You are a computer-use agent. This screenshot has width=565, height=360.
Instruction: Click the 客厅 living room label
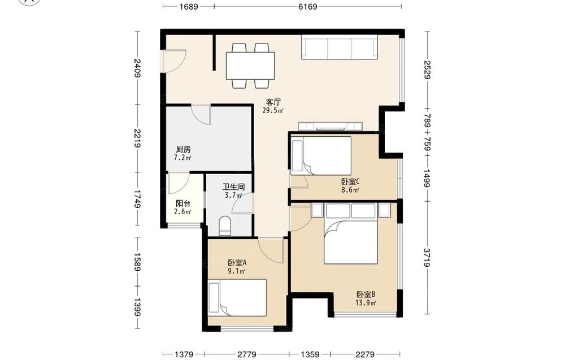[273, 102]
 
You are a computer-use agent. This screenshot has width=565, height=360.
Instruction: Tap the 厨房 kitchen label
[183, 149]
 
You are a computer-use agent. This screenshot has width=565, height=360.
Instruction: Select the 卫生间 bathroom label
[233, 187]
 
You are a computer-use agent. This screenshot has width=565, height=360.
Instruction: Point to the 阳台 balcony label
[182, 203]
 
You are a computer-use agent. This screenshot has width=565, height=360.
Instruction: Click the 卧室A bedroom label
[237, 263]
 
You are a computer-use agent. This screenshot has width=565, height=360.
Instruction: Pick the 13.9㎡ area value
[366, 303]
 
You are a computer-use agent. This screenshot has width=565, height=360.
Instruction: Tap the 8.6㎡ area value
[350, 190]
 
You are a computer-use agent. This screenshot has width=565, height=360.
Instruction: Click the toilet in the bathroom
[225, 226]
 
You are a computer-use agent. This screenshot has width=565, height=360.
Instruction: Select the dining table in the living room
[250, 66]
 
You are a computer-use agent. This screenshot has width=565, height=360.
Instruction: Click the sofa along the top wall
[340, 47]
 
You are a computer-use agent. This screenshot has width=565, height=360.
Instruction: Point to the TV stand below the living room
[330, 127]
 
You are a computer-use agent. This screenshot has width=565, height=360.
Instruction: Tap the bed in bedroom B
[351, 233]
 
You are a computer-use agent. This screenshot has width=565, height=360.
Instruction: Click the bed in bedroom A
[237, 298]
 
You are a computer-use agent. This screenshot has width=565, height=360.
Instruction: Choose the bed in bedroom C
[321, 155]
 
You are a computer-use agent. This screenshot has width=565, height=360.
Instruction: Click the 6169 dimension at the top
[308, 6]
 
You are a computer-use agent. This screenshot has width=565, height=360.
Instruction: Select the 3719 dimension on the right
[427, 257]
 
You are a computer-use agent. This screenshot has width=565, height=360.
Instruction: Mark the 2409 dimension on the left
[137, 68]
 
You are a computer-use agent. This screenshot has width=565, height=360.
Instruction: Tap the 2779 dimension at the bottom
[247, 354]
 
